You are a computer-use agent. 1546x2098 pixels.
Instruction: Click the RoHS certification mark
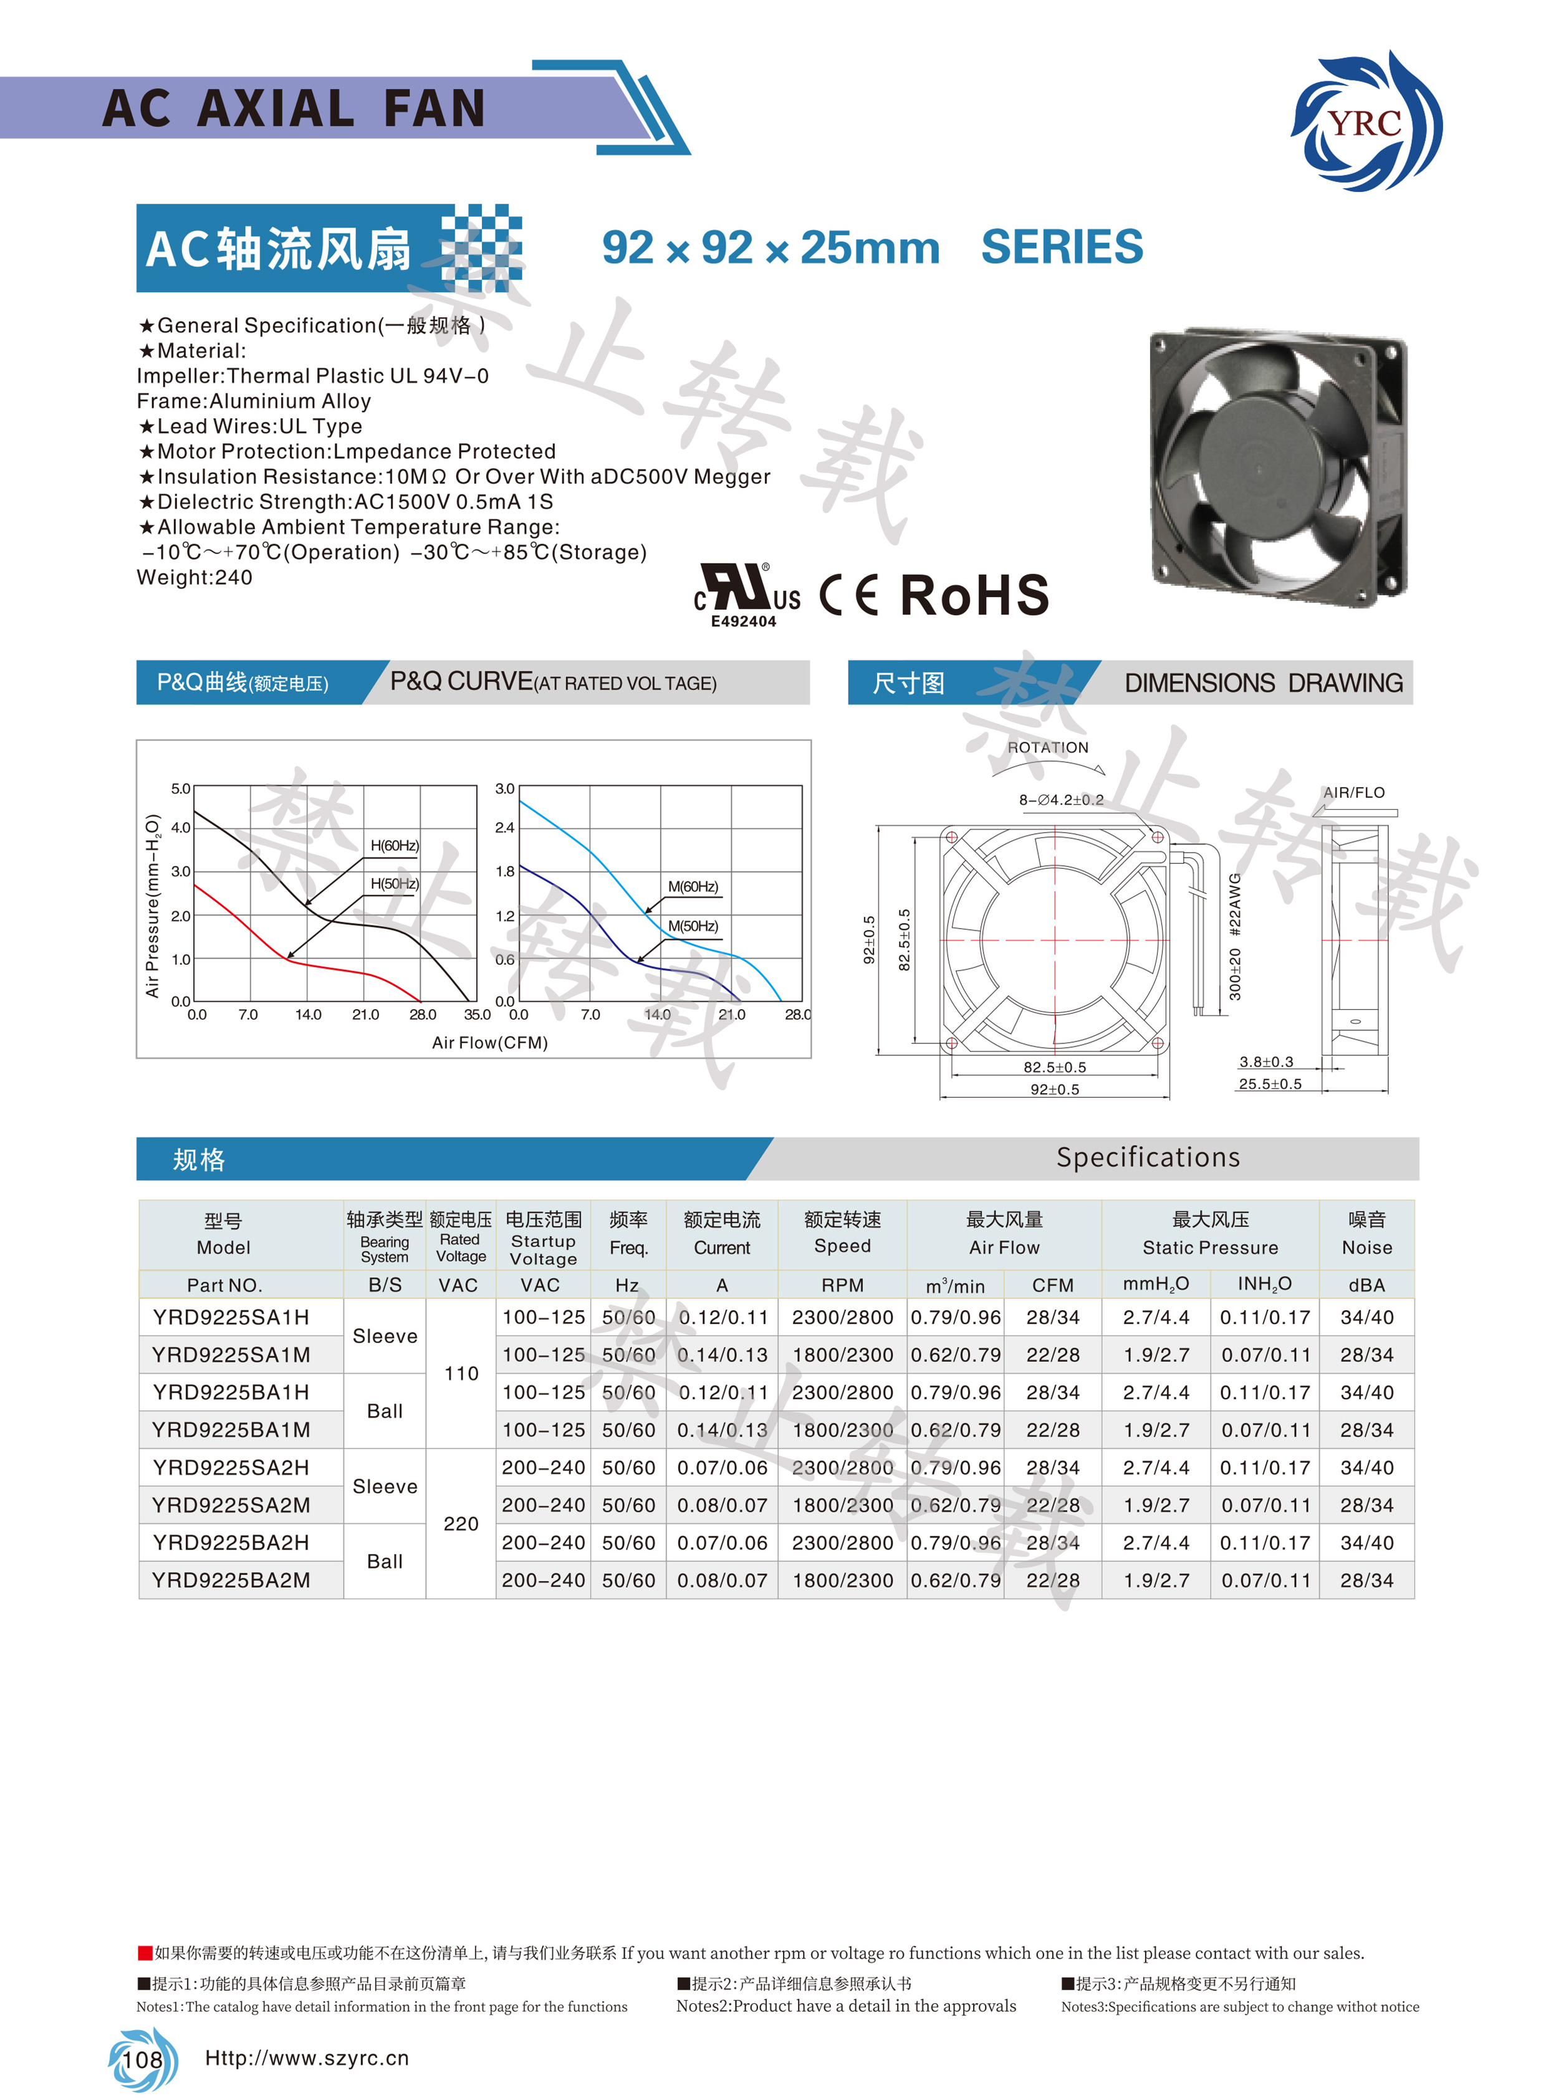tap(974, 595)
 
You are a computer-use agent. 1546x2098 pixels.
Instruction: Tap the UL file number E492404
tap(743, 621)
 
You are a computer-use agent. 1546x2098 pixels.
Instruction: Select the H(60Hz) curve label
tap(394, 845)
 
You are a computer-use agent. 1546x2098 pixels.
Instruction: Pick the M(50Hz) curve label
tap(693, 926)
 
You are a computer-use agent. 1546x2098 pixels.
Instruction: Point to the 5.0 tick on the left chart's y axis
tap(181, 789)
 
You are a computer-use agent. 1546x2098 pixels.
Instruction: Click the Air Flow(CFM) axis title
tap(489, 1042)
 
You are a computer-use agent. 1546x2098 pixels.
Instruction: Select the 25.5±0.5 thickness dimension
tap(1269, 1084)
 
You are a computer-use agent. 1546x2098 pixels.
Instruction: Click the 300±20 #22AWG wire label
tap(1234, 936)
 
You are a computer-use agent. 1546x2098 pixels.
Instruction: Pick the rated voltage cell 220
tap(461, 1523)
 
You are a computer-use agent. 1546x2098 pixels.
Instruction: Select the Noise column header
tap(1366, 1233)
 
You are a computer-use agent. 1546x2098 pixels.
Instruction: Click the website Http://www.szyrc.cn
tap(306, 2057)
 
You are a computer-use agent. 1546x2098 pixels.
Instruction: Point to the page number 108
tap(142, 2059)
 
